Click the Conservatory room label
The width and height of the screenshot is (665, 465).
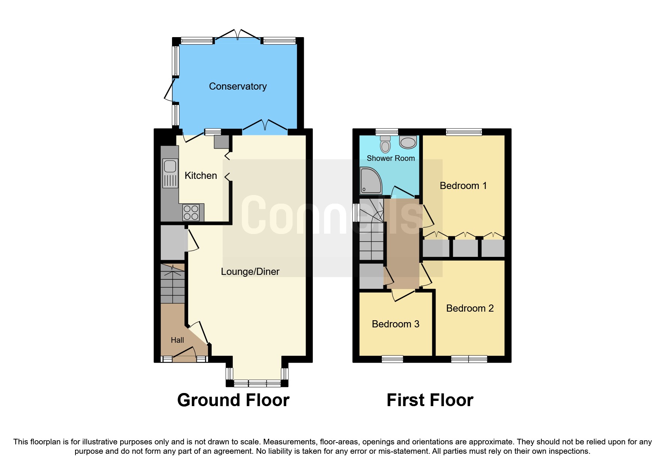click(238, 86)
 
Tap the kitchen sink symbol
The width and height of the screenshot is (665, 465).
click(170, 173)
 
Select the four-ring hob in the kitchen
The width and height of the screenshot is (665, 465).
click(191, 213)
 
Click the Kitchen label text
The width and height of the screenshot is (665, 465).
click(201, 175)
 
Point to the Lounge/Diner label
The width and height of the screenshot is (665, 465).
click(250, 271)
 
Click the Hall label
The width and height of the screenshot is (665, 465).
click(177, 340)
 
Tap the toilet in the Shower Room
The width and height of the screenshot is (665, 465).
click(385, 144)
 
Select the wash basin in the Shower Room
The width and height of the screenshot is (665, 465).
click(408, 142)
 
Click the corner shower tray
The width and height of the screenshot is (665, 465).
click(370, 181)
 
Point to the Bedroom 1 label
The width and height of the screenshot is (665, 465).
click(463, 186)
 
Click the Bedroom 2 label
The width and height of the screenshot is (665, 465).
click(470, 308)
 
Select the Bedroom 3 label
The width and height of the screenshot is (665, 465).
click(395, 324)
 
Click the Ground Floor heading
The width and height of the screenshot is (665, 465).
click(233, 400)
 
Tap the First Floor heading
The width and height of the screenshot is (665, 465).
click(430, 400)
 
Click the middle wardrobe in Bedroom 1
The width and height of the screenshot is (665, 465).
click(465, 248)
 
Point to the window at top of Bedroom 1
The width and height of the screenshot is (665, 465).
click(464, 132)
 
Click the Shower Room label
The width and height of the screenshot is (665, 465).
click(391, 158)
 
